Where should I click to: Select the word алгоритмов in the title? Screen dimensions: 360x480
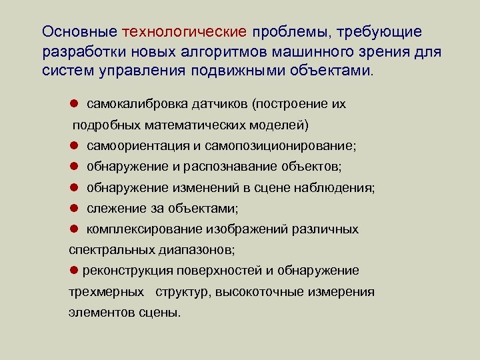214,52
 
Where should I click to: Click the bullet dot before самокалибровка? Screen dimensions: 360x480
75,105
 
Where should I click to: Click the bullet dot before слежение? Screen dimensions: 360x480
75,209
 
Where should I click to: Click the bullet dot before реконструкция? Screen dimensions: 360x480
74,270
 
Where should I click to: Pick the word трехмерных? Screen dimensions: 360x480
105,291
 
